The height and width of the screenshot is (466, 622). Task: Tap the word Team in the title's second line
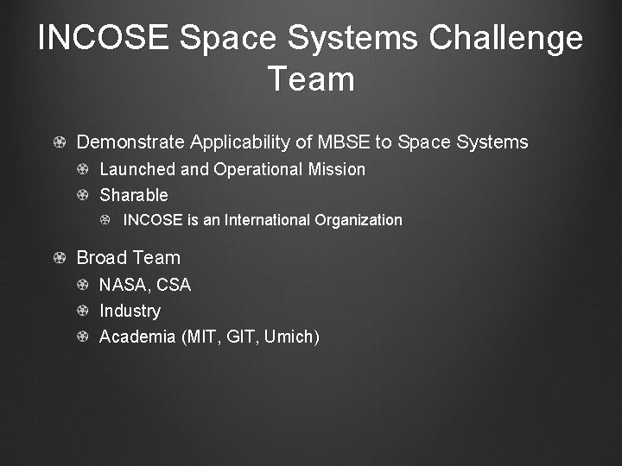tap(311, 79)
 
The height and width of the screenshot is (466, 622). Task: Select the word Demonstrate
tap(130, 142)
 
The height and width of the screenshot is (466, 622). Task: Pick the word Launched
tap(136, 169)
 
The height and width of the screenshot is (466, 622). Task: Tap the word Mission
tap(337, 169)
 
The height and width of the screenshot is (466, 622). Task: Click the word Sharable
tap(134, 195)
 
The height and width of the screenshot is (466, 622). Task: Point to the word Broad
tap(103, 258)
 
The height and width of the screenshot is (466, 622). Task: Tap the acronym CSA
tap(174, 285)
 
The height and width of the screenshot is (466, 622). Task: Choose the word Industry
tap(130, 311)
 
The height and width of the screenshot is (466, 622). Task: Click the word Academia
tap(137, 337)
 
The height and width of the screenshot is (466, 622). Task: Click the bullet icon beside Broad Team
tap(59, 258)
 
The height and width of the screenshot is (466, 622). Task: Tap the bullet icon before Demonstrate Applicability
tap(59, 142)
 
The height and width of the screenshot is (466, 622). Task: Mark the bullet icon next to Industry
tap(83, 311)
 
